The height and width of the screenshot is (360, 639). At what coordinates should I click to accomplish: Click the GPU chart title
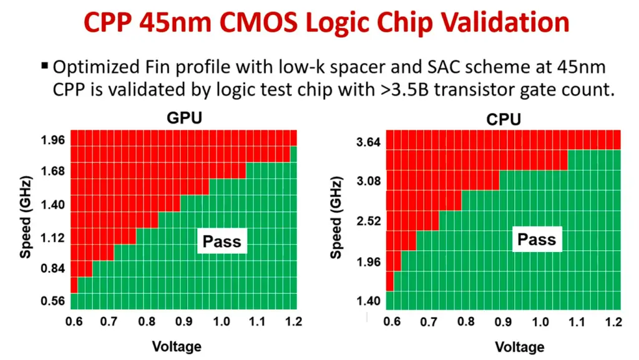tap(184, 119)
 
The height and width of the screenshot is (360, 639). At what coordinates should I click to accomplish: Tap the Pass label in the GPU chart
tap(222, 241)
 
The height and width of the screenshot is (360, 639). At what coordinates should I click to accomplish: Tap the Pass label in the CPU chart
tap(537, 239)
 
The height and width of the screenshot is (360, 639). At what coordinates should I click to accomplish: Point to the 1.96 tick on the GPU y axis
tap(53, 140)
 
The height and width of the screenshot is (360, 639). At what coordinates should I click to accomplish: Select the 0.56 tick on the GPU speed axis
tap(53, 301)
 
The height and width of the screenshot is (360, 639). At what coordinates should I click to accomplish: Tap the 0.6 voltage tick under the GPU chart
tap(74, 322)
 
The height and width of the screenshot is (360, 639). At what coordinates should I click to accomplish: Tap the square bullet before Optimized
tap(44, 66)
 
